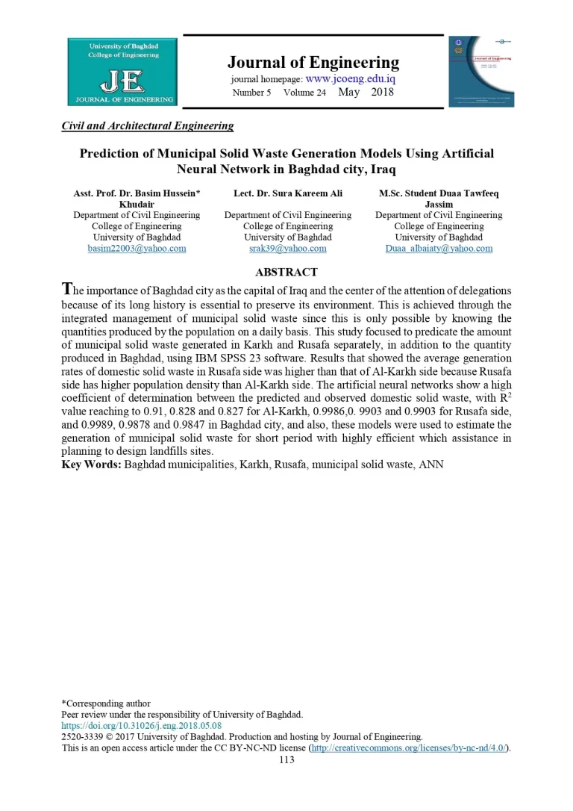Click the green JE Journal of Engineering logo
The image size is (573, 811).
122,72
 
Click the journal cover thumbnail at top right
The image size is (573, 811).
481,71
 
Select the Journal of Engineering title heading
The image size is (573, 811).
313,62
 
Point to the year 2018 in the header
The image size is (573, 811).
382,93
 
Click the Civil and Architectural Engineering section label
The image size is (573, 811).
148,125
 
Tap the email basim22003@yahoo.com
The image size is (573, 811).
137,248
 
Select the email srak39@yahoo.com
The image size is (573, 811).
287,248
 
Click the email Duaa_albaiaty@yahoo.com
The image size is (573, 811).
439,248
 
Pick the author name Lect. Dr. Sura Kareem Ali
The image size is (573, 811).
288,193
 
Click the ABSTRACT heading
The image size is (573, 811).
286,273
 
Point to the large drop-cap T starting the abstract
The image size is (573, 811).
67,289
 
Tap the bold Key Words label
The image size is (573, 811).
91,464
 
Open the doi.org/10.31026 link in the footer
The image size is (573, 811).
141,725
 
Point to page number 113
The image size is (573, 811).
286,759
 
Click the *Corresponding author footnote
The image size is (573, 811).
106,703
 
